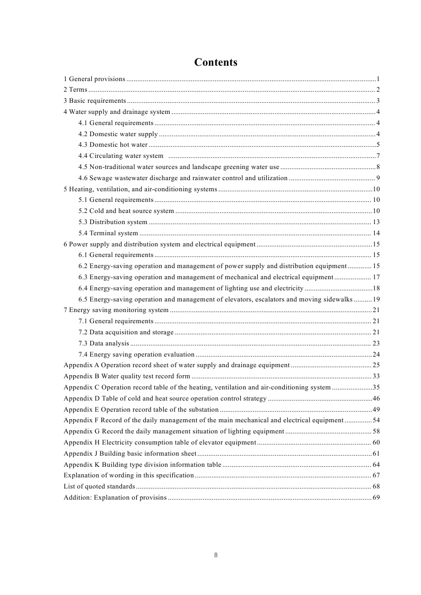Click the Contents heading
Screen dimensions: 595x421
pos(215,63)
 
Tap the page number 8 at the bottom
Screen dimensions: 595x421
pos(216,555)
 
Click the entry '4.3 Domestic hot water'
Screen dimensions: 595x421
pos(113,145)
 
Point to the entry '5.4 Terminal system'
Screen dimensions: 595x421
pos(108,233)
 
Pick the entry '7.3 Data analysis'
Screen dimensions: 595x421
pos(103,343)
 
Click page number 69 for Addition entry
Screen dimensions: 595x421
pos(376,498)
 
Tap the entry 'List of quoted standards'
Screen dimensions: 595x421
pos(99,486)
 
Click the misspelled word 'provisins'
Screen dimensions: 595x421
pos(153,498)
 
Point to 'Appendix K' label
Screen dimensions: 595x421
pos(81,465)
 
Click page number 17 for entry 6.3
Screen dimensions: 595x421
pos(376,277)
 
